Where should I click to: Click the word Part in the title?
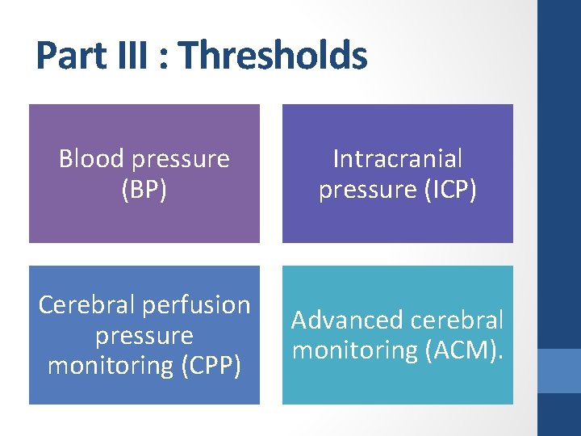72,56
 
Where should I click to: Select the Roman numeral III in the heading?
134,56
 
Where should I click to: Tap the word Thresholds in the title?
273,56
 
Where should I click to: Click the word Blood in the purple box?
91,158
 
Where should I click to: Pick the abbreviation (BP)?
144,189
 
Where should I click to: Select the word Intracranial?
397,158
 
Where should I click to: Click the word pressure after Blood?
182,159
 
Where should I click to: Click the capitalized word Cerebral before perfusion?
88,304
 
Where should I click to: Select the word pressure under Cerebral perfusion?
144,336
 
